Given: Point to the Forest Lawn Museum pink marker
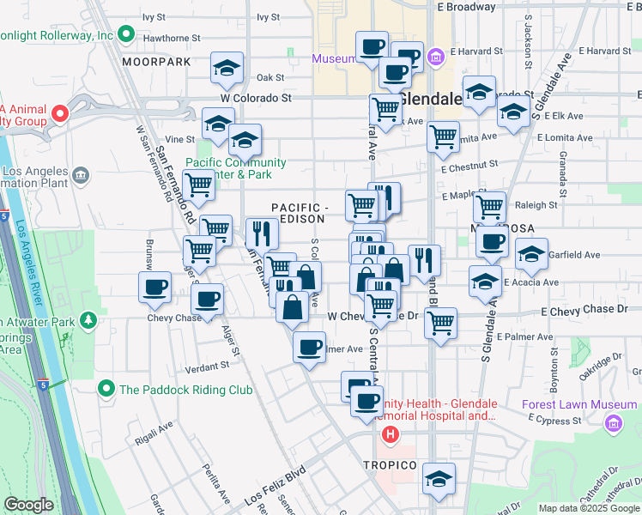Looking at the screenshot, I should (x=613, y=423).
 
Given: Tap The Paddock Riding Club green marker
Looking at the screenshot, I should (x=106, y=390).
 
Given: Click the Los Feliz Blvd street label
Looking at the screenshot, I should (x=275, y=487).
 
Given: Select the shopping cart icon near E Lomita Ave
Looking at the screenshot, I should (x=443, y=136).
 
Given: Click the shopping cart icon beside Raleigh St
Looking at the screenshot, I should (x=489, y=206).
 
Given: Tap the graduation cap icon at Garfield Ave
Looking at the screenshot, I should (x=532, y=253).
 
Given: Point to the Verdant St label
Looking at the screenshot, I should (x=207, y=365).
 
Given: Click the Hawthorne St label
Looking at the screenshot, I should (x=172, y=39).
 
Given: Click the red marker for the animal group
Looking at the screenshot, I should (x=59, y=113).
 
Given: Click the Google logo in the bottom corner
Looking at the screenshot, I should (x=29, y=505).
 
